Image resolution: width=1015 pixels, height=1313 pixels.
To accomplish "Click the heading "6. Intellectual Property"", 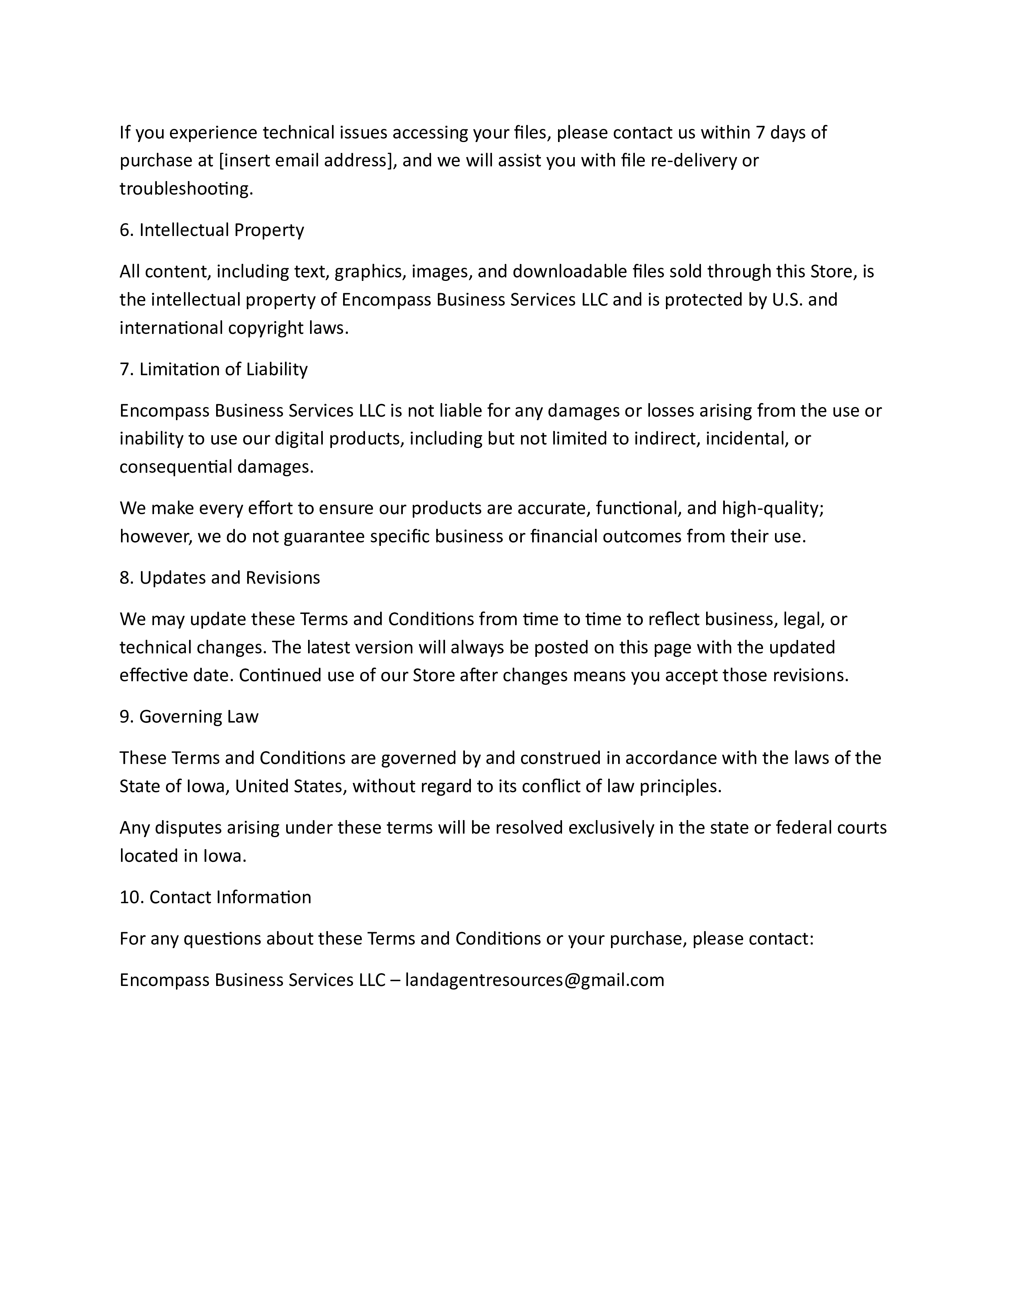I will pyautogui.click(x=212, y=230).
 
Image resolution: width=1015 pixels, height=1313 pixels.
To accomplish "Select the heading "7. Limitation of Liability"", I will pyautogui.click(x=213, y=369).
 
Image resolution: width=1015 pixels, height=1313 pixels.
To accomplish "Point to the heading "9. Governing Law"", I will pyautogui.click(x=189, y=717).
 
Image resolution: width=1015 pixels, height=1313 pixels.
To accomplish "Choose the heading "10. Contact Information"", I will pyautogui.click(x=215, y=898).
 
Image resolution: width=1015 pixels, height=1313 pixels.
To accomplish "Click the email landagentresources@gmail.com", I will pyautogui.click(x=535, y=980).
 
